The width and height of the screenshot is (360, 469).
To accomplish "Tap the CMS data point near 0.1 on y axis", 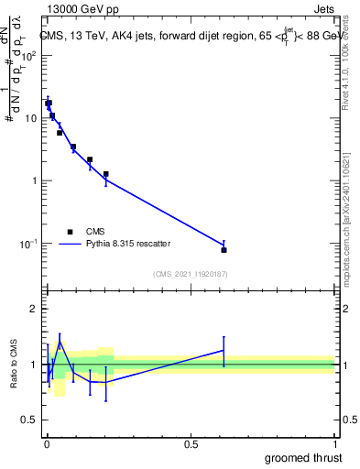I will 224,249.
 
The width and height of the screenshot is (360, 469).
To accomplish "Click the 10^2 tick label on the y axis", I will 29,56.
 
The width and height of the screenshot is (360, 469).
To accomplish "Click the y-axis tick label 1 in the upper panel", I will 35,180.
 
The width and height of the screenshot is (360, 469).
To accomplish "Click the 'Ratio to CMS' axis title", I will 13,365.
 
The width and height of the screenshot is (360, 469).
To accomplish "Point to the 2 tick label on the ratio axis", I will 35,309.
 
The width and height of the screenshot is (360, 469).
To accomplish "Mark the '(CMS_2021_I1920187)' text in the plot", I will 190,274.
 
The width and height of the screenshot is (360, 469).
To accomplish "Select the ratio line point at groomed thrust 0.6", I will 224,350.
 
